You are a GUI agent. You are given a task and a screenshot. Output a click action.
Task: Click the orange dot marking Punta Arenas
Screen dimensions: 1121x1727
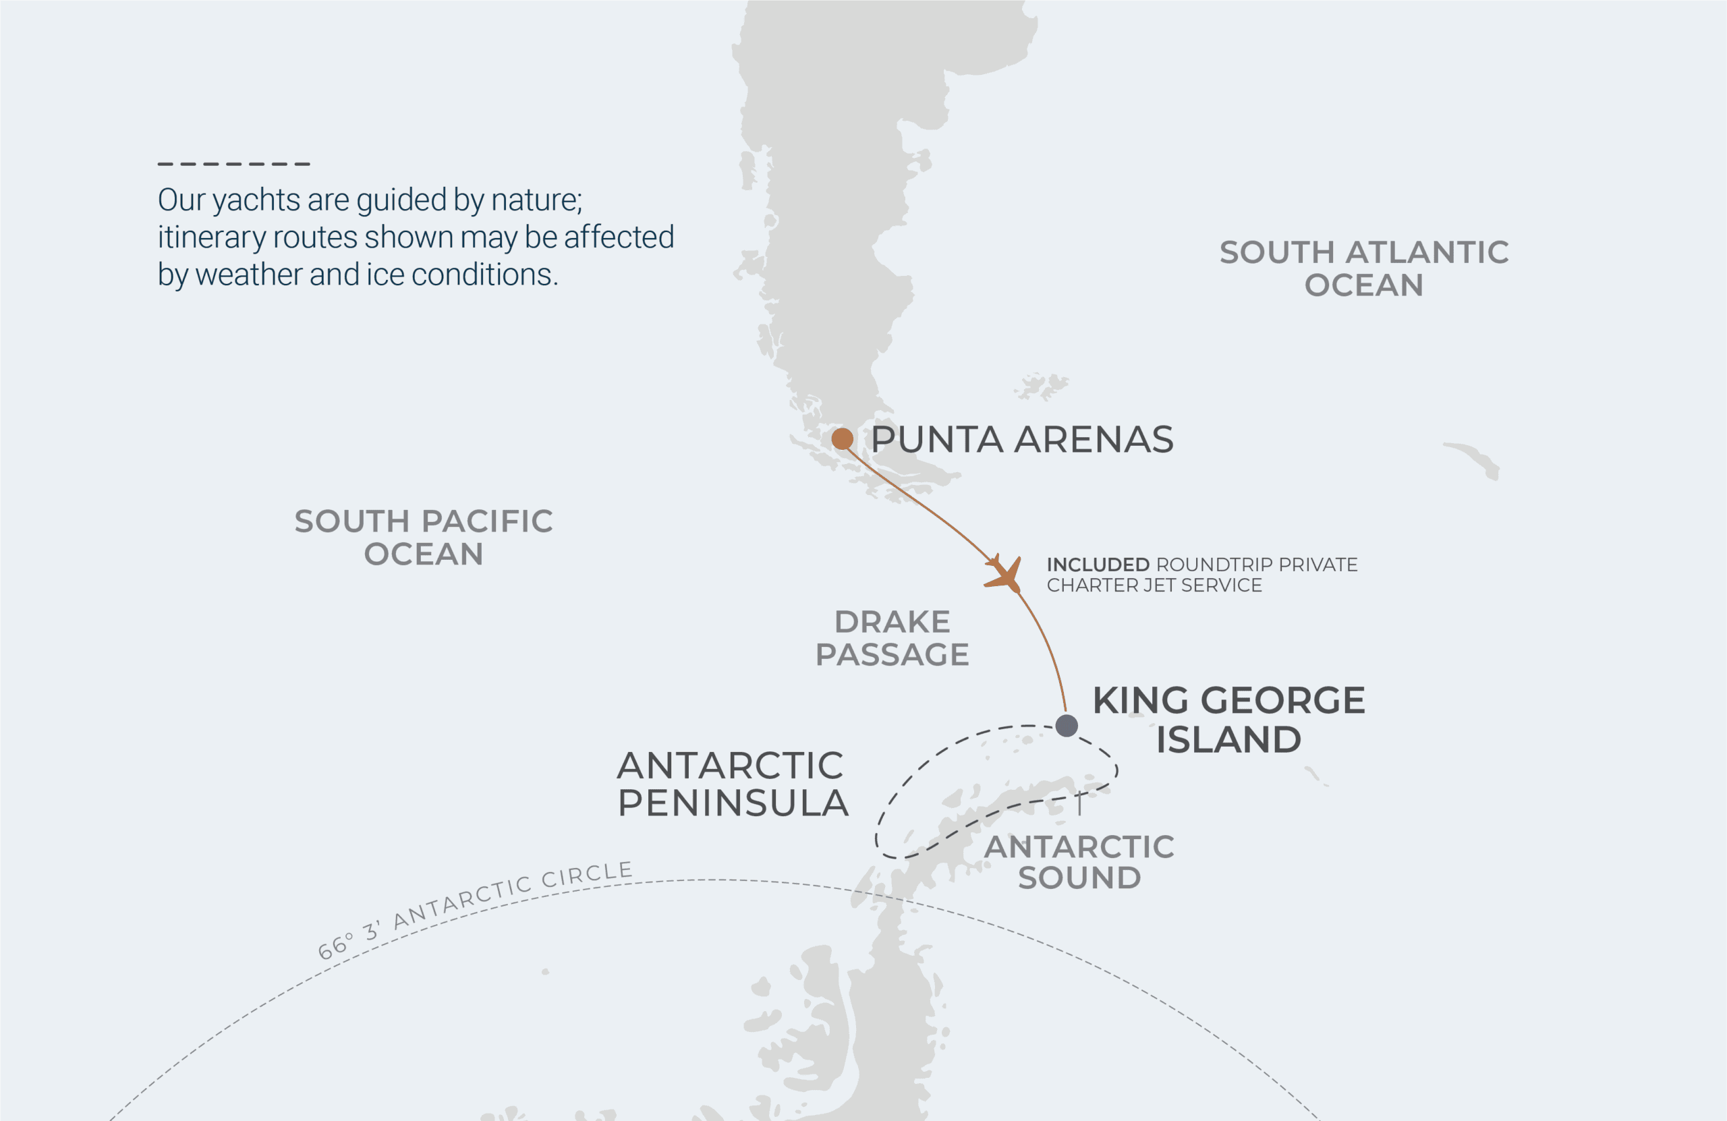pyautogui.click(x=842, y=438)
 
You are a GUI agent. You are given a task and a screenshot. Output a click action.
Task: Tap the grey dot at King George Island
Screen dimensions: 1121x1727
pyautogui.click(x=1066, y=725)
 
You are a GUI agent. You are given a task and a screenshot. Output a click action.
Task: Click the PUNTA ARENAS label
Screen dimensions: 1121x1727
pyautogui.click(x=1021, y=440)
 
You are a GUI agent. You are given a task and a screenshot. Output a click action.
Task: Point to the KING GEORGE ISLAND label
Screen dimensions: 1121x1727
pyautogui.click(x=1228, y=719)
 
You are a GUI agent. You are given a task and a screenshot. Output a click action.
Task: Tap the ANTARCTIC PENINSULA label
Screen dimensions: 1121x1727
pyautogui.click(x=732, y=784)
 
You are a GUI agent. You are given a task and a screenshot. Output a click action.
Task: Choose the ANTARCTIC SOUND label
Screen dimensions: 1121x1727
pyautogui.click(x=1079, y=862)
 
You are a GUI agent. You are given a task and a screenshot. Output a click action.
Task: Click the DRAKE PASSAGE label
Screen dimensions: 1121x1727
pyautogui.click(x=892, y=638)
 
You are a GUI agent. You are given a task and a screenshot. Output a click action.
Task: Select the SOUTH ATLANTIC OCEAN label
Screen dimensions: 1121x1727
pyautogui.click(x=1363, y=268)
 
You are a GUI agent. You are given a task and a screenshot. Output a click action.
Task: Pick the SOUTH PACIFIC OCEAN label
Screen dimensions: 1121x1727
pyautogui.click(x=423, y=538)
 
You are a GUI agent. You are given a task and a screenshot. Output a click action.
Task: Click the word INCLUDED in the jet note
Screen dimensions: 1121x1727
pyautogui.click(x=1097, y=565)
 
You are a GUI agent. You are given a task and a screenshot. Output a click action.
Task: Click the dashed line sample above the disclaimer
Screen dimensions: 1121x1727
pyautogui.click(x=233, y=164)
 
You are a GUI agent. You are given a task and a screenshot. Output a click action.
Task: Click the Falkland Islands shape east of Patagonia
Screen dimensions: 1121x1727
pyautogui.click(x=1042, y=386)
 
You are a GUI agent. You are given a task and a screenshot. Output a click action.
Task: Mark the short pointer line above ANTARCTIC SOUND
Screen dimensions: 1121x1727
pyautogui.click(x=1080, y=805)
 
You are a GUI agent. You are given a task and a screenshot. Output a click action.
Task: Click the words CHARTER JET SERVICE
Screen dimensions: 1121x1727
pyautogui.click(x=1154, y=585)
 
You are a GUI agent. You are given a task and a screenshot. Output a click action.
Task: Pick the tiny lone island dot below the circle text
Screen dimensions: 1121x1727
pyautogui.click(x=545, y=971)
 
